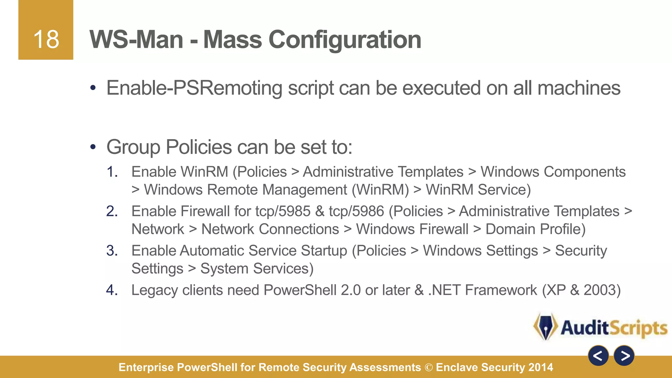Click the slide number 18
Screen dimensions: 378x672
pyautogui.click(x=46, y=39)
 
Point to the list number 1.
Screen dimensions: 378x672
pyautogui.click(x=112, y=172)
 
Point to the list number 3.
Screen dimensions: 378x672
pyautogui.click(x=112, y=251)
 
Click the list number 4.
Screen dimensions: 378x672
pyautogui.click(x=112, y=290)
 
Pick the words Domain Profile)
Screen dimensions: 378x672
pyautogui.click(x=535, y=229)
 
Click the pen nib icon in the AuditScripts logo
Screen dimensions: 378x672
pyautogui.click(x=545, y=327)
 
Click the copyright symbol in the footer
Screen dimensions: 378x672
pyautogui.click(x=429, y=367)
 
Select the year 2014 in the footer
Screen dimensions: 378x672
pyautogui.click(x=541, y=367)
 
